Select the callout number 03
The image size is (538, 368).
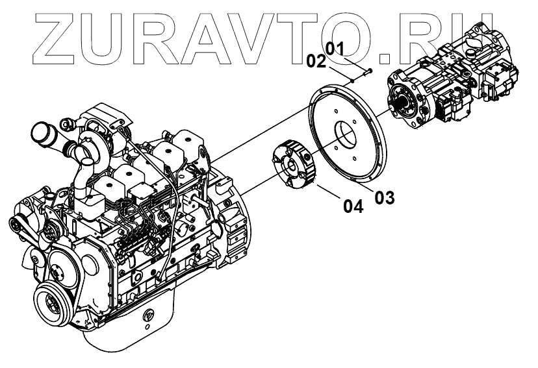385,197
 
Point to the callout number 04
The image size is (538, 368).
353,207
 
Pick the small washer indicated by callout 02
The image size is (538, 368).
352,80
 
